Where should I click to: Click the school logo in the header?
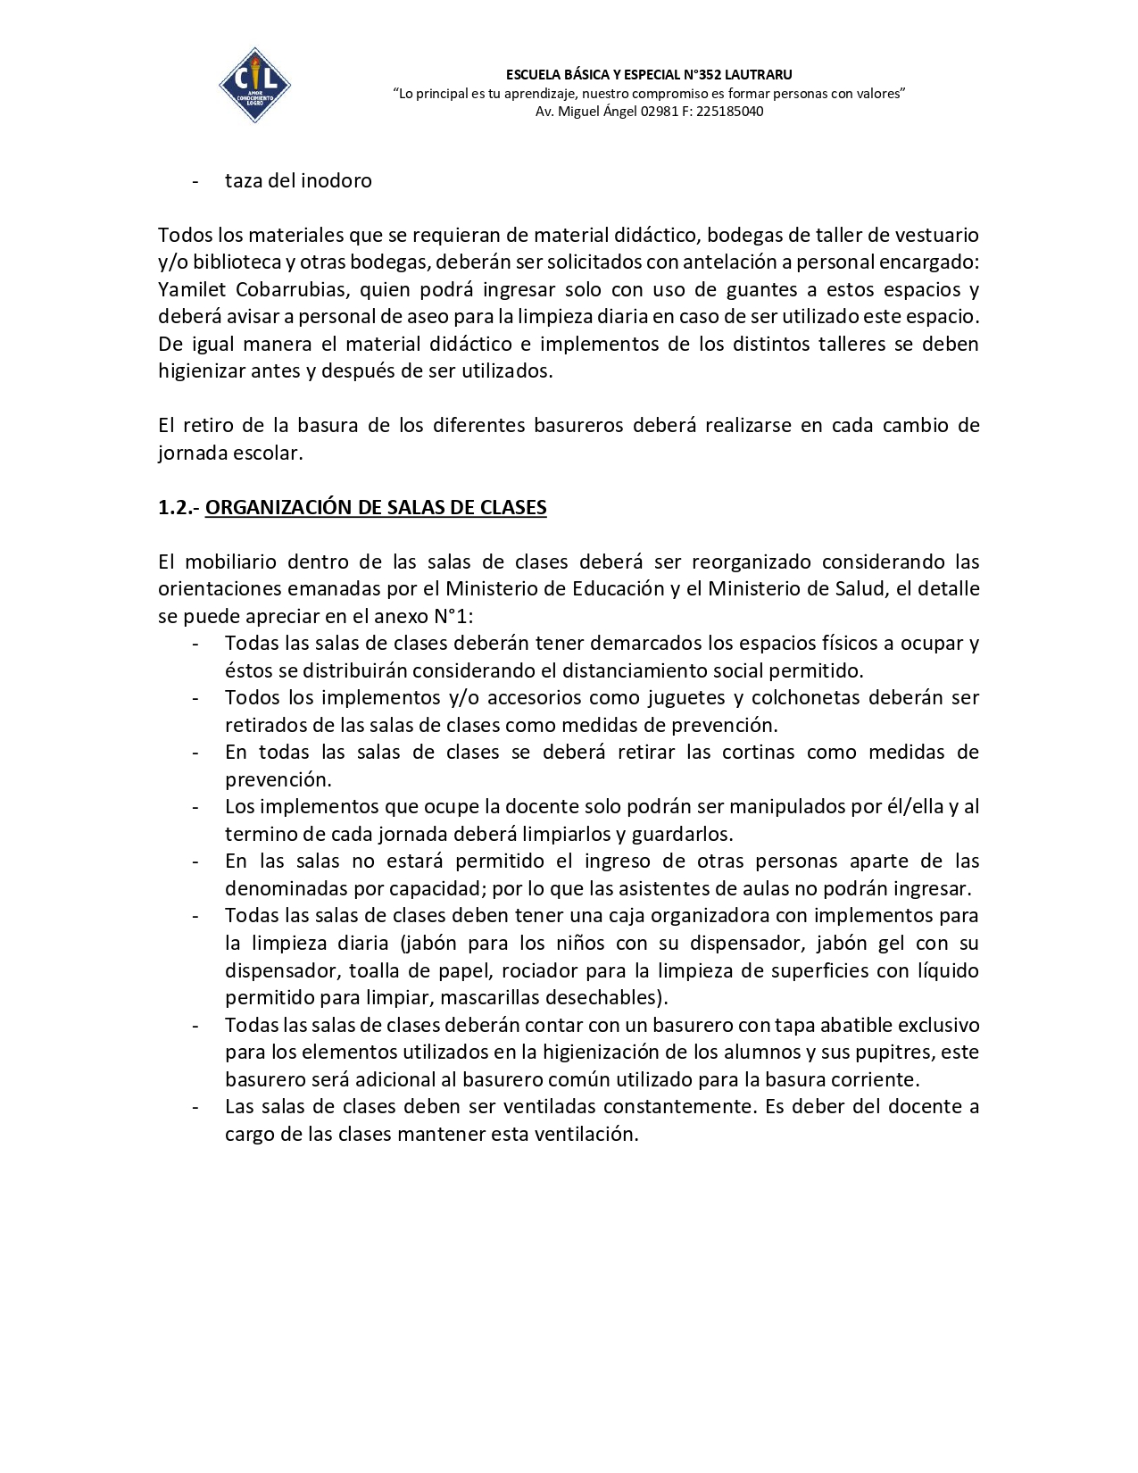pos(254,85)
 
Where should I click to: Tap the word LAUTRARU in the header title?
pos(759,74)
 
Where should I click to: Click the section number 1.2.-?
pos(179,508)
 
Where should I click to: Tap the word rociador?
pos(542,970)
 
